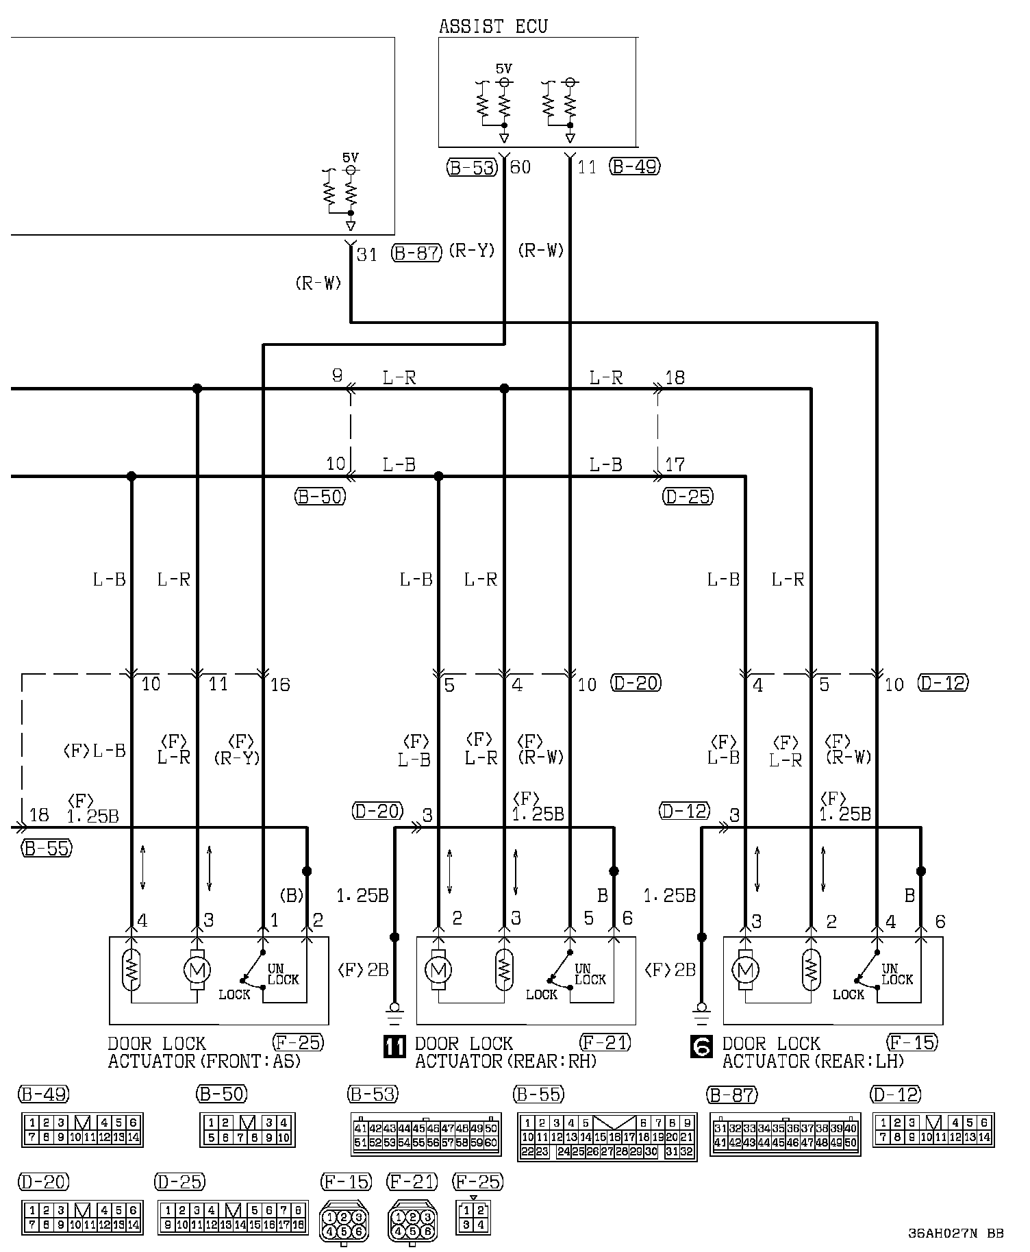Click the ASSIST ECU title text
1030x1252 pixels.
coord(493,27)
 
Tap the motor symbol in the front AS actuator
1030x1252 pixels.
coord(197,970)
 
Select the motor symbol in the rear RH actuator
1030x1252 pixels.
coord(438,970)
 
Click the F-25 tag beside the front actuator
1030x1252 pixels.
coord(298,1042)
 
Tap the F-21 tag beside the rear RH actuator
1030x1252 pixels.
coord(605,1042)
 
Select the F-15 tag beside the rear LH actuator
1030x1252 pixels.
coord(912,1042)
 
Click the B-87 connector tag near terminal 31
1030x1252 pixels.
coord(416,253)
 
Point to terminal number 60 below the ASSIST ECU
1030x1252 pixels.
coord(520,166)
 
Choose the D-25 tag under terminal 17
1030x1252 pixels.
coord(688,497)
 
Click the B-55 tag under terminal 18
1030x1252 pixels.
coord(47,848)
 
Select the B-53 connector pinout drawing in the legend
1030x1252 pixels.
coord(425,1134)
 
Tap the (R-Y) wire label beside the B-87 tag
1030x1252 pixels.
coord(471,251)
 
